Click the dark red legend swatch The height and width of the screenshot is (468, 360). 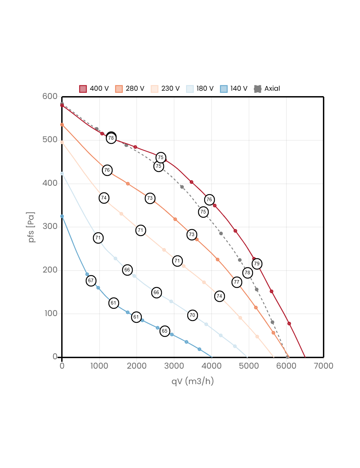pyautogui.click(x=83, y=89)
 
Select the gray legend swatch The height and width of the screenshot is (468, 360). pyautogui.click(x=258, y=89)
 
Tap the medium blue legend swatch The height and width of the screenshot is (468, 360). pyautogui.click(x=224, y=89)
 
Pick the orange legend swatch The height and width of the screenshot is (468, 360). pyautogui.click(x=119, y=89)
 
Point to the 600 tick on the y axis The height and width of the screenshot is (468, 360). pyautogui.click(x=50, y=96)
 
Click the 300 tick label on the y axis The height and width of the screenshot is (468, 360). pyautogui.click(x=50, y=226)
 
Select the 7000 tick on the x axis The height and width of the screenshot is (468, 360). pyautogui.click(x=323, y=366)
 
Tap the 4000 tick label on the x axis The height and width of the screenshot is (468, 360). pyautogui.click(x=211, y=366)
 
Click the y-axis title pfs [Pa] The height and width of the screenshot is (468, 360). pyautogui.click(x=32, y=227)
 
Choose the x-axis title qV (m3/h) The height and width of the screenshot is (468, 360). pyautogui.click(x=193, y=381)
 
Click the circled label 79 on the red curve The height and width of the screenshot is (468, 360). pyautogui.click(x=257, y=264)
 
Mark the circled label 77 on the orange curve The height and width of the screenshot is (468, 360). pyautogui.click(x=237, y=282)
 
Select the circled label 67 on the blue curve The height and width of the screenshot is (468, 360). pyautogui.click(x=91, y=281)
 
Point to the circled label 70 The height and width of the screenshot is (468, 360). pyautogui.click(x=192, y=315)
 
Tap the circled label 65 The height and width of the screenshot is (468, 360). pyautogui.click(x=165, y=331)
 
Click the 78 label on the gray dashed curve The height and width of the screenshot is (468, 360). pyautogui.click(x=247, y=273)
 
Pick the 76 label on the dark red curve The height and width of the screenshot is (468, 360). pyautogui.click(x=209, y=200)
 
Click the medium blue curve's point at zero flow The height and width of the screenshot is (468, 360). pyautogui.click(x=62, y=216)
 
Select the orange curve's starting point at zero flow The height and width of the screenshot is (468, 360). pyautogui.click(x=62, y=125)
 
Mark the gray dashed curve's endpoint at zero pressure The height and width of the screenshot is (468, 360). pyautogui.click(x=287, y=357)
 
